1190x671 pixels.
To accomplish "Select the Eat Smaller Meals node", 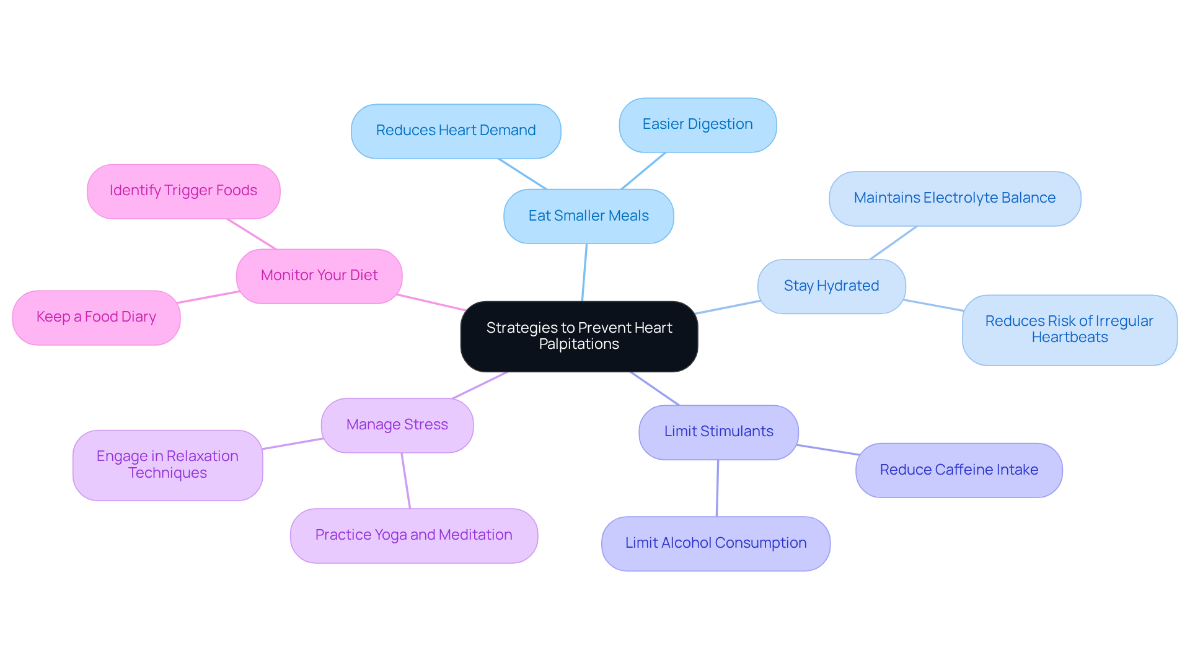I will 588,216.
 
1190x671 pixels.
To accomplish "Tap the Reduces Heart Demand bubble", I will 456,131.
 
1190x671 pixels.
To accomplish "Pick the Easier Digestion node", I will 697,125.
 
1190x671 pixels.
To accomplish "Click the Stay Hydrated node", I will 831,286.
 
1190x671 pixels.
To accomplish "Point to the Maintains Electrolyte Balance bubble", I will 954,198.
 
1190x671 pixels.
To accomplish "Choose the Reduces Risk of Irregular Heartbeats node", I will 1069,330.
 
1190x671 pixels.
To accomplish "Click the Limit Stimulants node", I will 718,432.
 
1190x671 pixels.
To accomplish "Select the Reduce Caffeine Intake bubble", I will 958,470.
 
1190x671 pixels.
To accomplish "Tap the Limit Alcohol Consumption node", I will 715,543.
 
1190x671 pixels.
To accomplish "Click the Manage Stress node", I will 397,425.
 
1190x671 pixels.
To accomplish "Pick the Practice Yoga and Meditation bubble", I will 413,535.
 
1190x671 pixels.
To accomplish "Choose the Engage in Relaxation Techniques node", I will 167,465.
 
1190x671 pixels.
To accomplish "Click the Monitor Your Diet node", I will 319,276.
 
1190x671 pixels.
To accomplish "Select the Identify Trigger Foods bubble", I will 183,191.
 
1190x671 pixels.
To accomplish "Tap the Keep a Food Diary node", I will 96,317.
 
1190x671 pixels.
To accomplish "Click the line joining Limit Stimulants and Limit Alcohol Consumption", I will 717,488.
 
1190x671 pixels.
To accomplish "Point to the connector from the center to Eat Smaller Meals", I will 584,273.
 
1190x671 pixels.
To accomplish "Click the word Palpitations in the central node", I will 579,344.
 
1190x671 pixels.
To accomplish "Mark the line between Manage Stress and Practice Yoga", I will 405,481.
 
